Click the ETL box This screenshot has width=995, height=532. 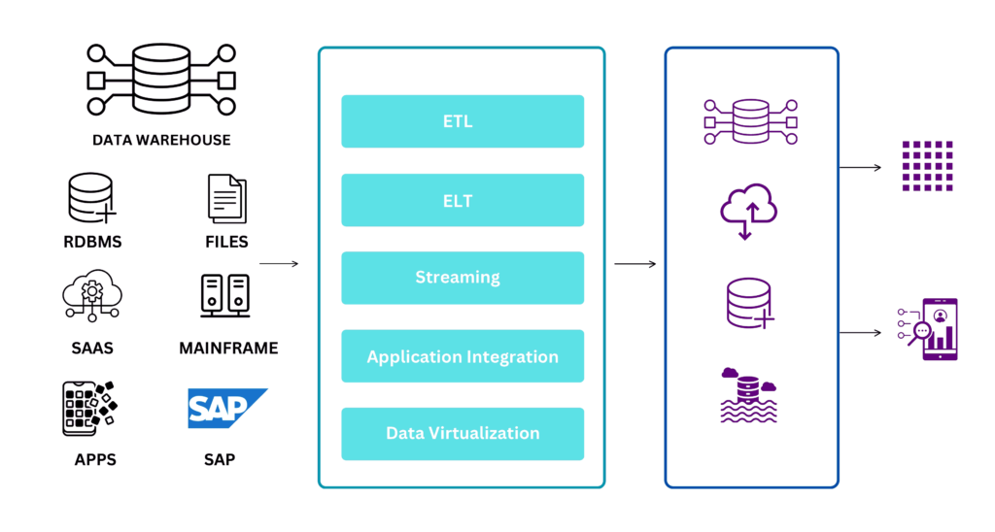pyautogui.click(x=463, y=121)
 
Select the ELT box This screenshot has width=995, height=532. pyautogui.click(x=463, y=200)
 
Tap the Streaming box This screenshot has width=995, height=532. pyautogui.click(x=463, y=278)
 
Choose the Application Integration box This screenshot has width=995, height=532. pyautogui.click(x=463, y=356)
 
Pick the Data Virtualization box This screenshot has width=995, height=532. pyautogui.click(x=463, y=434)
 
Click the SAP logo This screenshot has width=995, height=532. pyautogui.click(x=226, y=409)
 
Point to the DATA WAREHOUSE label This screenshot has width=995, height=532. pyautogui.click(x=161, y=140)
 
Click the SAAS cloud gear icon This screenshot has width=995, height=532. pyautogui.click(x=91, y=297)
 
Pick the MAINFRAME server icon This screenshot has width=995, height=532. pyautogui.click(x=225, y=296)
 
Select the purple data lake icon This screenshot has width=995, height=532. pyautogui.click(x=749, y=395)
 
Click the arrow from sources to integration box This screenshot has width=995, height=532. pyautogui.click(x=279, y=263)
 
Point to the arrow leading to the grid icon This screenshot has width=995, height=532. pyautogui.click(x=860, y=167)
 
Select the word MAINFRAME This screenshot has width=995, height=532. pyautogui.click(x=228, y=348)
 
